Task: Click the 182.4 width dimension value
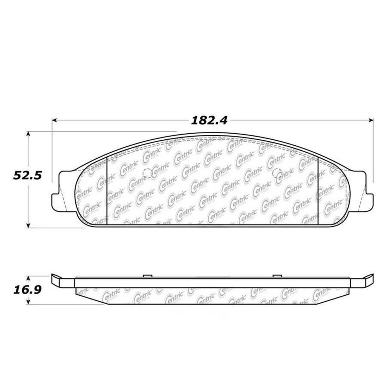209,120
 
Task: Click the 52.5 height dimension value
27,175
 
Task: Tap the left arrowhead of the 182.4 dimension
55,120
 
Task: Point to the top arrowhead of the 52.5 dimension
29,134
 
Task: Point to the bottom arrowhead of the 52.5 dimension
29,225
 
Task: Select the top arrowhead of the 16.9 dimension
29,279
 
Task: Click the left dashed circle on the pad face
148,173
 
